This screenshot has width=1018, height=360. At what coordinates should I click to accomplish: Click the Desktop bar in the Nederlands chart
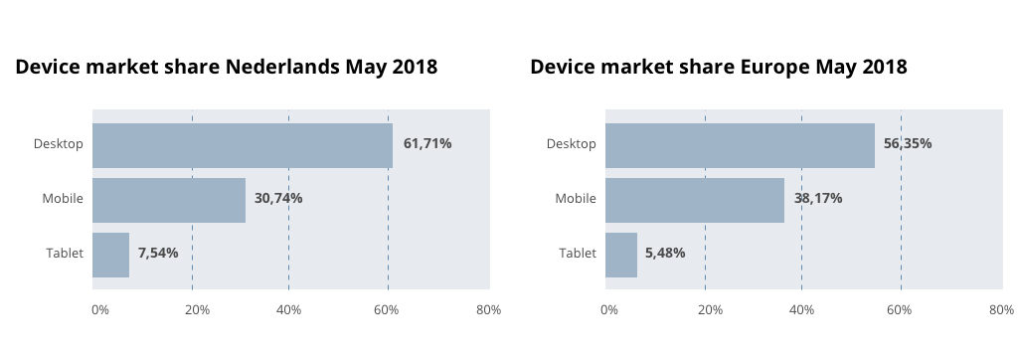pos(242,144)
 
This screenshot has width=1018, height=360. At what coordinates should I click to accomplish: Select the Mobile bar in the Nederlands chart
pos(169,199)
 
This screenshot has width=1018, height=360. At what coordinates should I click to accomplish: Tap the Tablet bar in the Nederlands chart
pos(110,254)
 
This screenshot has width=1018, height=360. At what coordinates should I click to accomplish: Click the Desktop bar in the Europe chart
pos(740,144)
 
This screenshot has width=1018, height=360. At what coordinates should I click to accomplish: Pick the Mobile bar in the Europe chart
pos(694,199)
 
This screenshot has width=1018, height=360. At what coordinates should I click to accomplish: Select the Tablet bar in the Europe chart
pos(621,254)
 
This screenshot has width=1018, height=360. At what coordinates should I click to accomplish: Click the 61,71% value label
pos(427,144)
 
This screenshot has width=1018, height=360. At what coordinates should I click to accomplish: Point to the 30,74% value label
pos(278,199)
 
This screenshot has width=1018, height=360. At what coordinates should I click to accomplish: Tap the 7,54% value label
pos(158,254)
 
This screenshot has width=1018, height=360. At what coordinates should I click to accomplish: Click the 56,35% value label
pos(908,144)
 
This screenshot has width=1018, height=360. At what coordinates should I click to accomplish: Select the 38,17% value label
pos(818,199)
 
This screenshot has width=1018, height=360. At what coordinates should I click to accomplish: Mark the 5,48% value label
pos(665,254)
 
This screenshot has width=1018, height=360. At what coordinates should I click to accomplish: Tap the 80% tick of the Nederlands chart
pos(488,310)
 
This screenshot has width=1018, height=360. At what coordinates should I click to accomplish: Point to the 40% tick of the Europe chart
pos(801,310)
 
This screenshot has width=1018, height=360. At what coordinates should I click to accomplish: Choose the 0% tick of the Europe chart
pos(609,310)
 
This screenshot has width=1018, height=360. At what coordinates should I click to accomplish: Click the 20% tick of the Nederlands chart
pos(197,310)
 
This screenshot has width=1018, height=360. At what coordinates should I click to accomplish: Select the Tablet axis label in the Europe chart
pos(578,254)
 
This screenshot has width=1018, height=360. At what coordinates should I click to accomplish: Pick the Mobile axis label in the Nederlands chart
pos(63,199)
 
